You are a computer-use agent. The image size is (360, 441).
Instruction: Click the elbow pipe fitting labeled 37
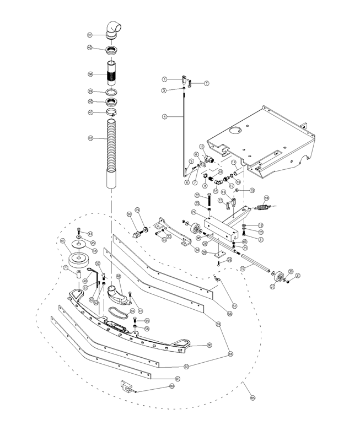click(x=114, y=30)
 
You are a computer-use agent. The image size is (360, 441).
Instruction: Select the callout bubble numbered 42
click(x=90, y=138)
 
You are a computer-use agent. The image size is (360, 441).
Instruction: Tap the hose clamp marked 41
click(x=112, y=114)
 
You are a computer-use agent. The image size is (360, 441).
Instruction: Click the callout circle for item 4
click(x=164, y=116)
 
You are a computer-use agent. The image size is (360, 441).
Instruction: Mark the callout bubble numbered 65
click(x=252, y=397)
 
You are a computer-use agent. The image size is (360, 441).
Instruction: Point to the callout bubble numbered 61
click(x=178, y=379)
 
